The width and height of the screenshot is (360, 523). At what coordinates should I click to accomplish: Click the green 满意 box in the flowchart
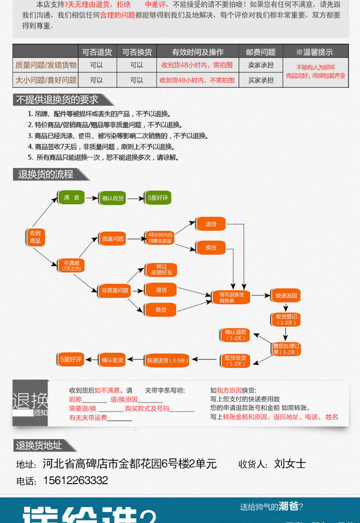coord(71,197)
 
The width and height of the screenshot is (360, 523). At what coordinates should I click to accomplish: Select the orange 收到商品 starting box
coord(35,237)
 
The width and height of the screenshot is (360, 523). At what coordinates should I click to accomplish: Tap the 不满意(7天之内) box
coord(71,265)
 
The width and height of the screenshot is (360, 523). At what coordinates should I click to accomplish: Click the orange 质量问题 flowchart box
coord(112,238)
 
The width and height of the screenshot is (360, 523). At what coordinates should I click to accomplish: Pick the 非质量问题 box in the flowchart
coord(115,290)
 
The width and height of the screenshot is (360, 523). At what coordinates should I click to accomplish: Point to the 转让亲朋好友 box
coord(161,270)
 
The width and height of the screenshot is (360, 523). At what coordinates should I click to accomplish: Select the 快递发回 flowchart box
coord(287,296)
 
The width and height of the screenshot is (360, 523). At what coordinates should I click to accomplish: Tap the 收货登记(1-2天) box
coord(286,319)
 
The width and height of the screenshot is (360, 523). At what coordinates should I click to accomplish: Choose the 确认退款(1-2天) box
coord(236,335)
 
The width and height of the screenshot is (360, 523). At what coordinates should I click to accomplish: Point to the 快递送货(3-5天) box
coord(167,360)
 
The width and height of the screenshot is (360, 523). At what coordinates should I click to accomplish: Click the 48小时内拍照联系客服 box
coord(160,238)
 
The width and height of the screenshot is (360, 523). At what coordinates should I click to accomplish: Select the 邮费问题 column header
coord(261,52)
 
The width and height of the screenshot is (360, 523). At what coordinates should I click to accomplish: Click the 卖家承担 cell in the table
coord(261,65)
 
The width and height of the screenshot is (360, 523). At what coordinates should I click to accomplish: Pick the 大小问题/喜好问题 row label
coord(46,80)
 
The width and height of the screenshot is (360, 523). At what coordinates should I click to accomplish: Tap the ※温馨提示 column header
coord(314,52)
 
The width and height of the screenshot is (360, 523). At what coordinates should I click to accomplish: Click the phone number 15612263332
coord(75,480)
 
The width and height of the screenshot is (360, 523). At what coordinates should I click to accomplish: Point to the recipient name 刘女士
coord(290,464)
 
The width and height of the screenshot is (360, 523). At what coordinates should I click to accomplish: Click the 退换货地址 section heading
coord(39,446)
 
